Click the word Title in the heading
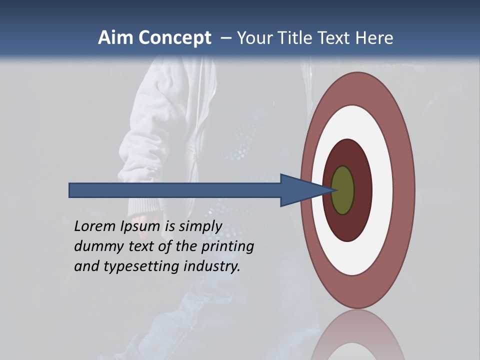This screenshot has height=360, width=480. point(294,38)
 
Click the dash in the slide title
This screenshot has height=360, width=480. point(225,38)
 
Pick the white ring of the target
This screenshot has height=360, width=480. point(382,190)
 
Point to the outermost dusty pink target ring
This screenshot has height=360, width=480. point(404,190)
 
